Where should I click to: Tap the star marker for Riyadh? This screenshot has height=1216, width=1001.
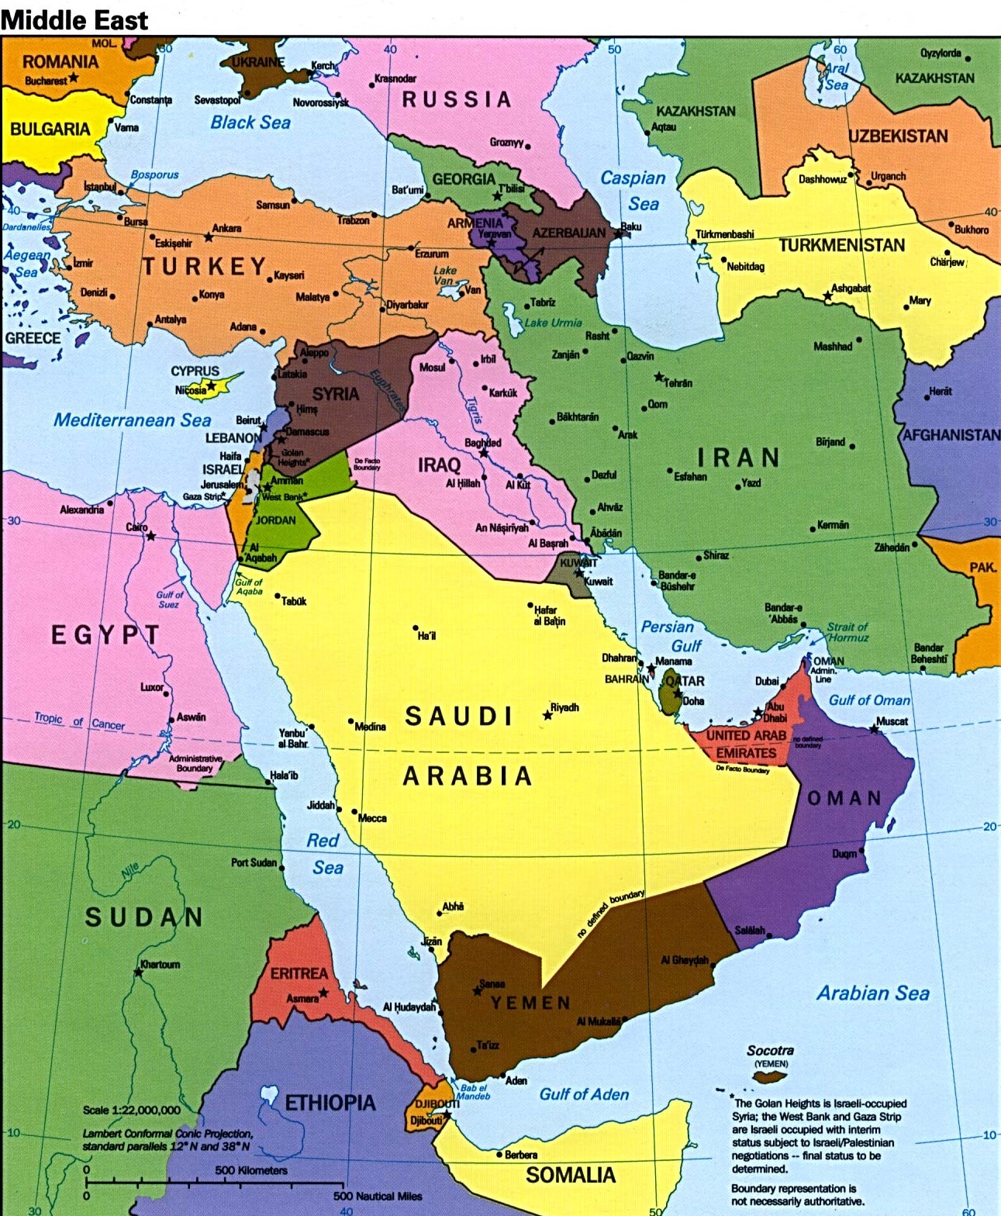pyautogui.click(x=547, y=715)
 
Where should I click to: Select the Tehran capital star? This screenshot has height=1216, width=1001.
pyautogui.click(x=659, y=377)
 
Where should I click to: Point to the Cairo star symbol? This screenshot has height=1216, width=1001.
pyautogui.click(x=151, y=536)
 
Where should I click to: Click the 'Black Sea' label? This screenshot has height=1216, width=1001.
pyautogui.click(x=250, y=123)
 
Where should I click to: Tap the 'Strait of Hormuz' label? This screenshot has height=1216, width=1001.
pyautogui.click(x=847, y=632)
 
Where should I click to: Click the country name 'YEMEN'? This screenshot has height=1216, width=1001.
pyautogui.click(x=530, y=1003)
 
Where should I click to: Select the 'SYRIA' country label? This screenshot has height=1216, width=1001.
pyautogui.click(x=335, y=394)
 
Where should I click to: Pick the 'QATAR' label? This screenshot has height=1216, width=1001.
pyautogui.click(x=687, y=681)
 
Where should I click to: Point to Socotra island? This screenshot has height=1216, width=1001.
pyautogui.click(x=770, y=1077)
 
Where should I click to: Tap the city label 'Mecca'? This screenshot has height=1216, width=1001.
pyautogui.click(x=372, y=818)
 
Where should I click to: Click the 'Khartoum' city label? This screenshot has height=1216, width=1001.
pyautogui.click(x=161, y=965)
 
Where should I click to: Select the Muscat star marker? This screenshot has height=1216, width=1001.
pyautogui.click(x=874, y=729)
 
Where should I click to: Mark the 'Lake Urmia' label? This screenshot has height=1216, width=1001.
pyautogui.click(x=553, y=323)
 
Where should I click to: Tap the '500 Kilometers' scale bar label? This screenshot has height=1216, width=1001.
pyautogui.click(x=250, y=1170)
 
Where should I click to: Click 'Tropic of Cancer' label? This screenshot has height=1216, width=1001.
pyautogui.click(x=79, y=721)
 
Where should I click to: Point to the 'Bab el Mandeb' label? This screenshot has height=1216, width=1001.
pyautogui.click(x=473, y=1091)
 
